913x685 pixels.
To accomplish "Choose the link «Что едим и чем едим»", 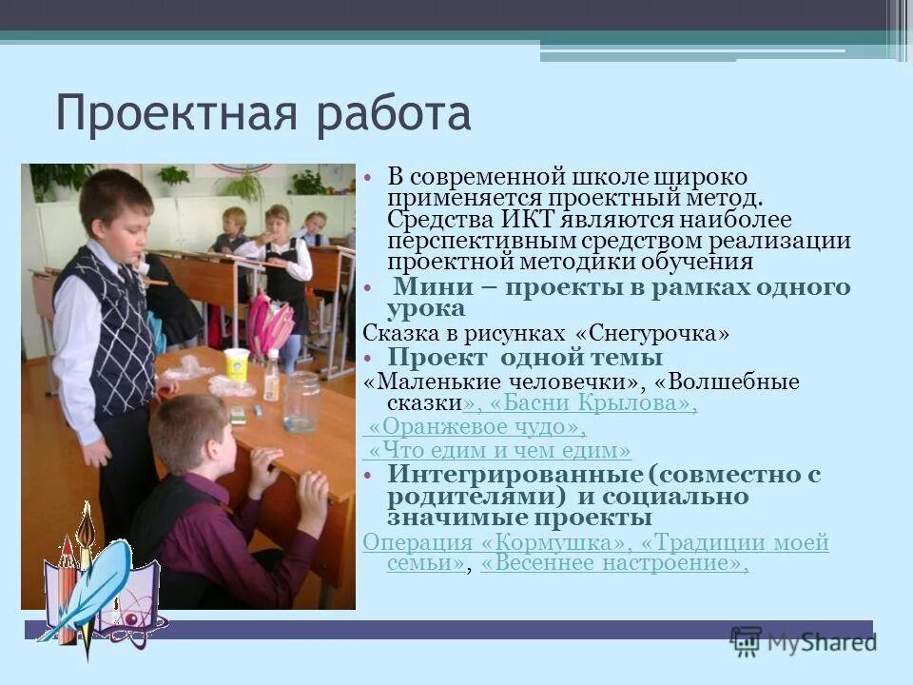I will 500,450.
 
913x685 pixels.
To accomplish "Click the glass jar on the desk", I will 301,401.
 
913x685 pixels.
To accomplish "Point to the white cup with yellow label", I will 236,365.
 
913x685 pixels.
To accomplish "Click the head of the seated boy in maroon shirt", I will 190,433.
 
